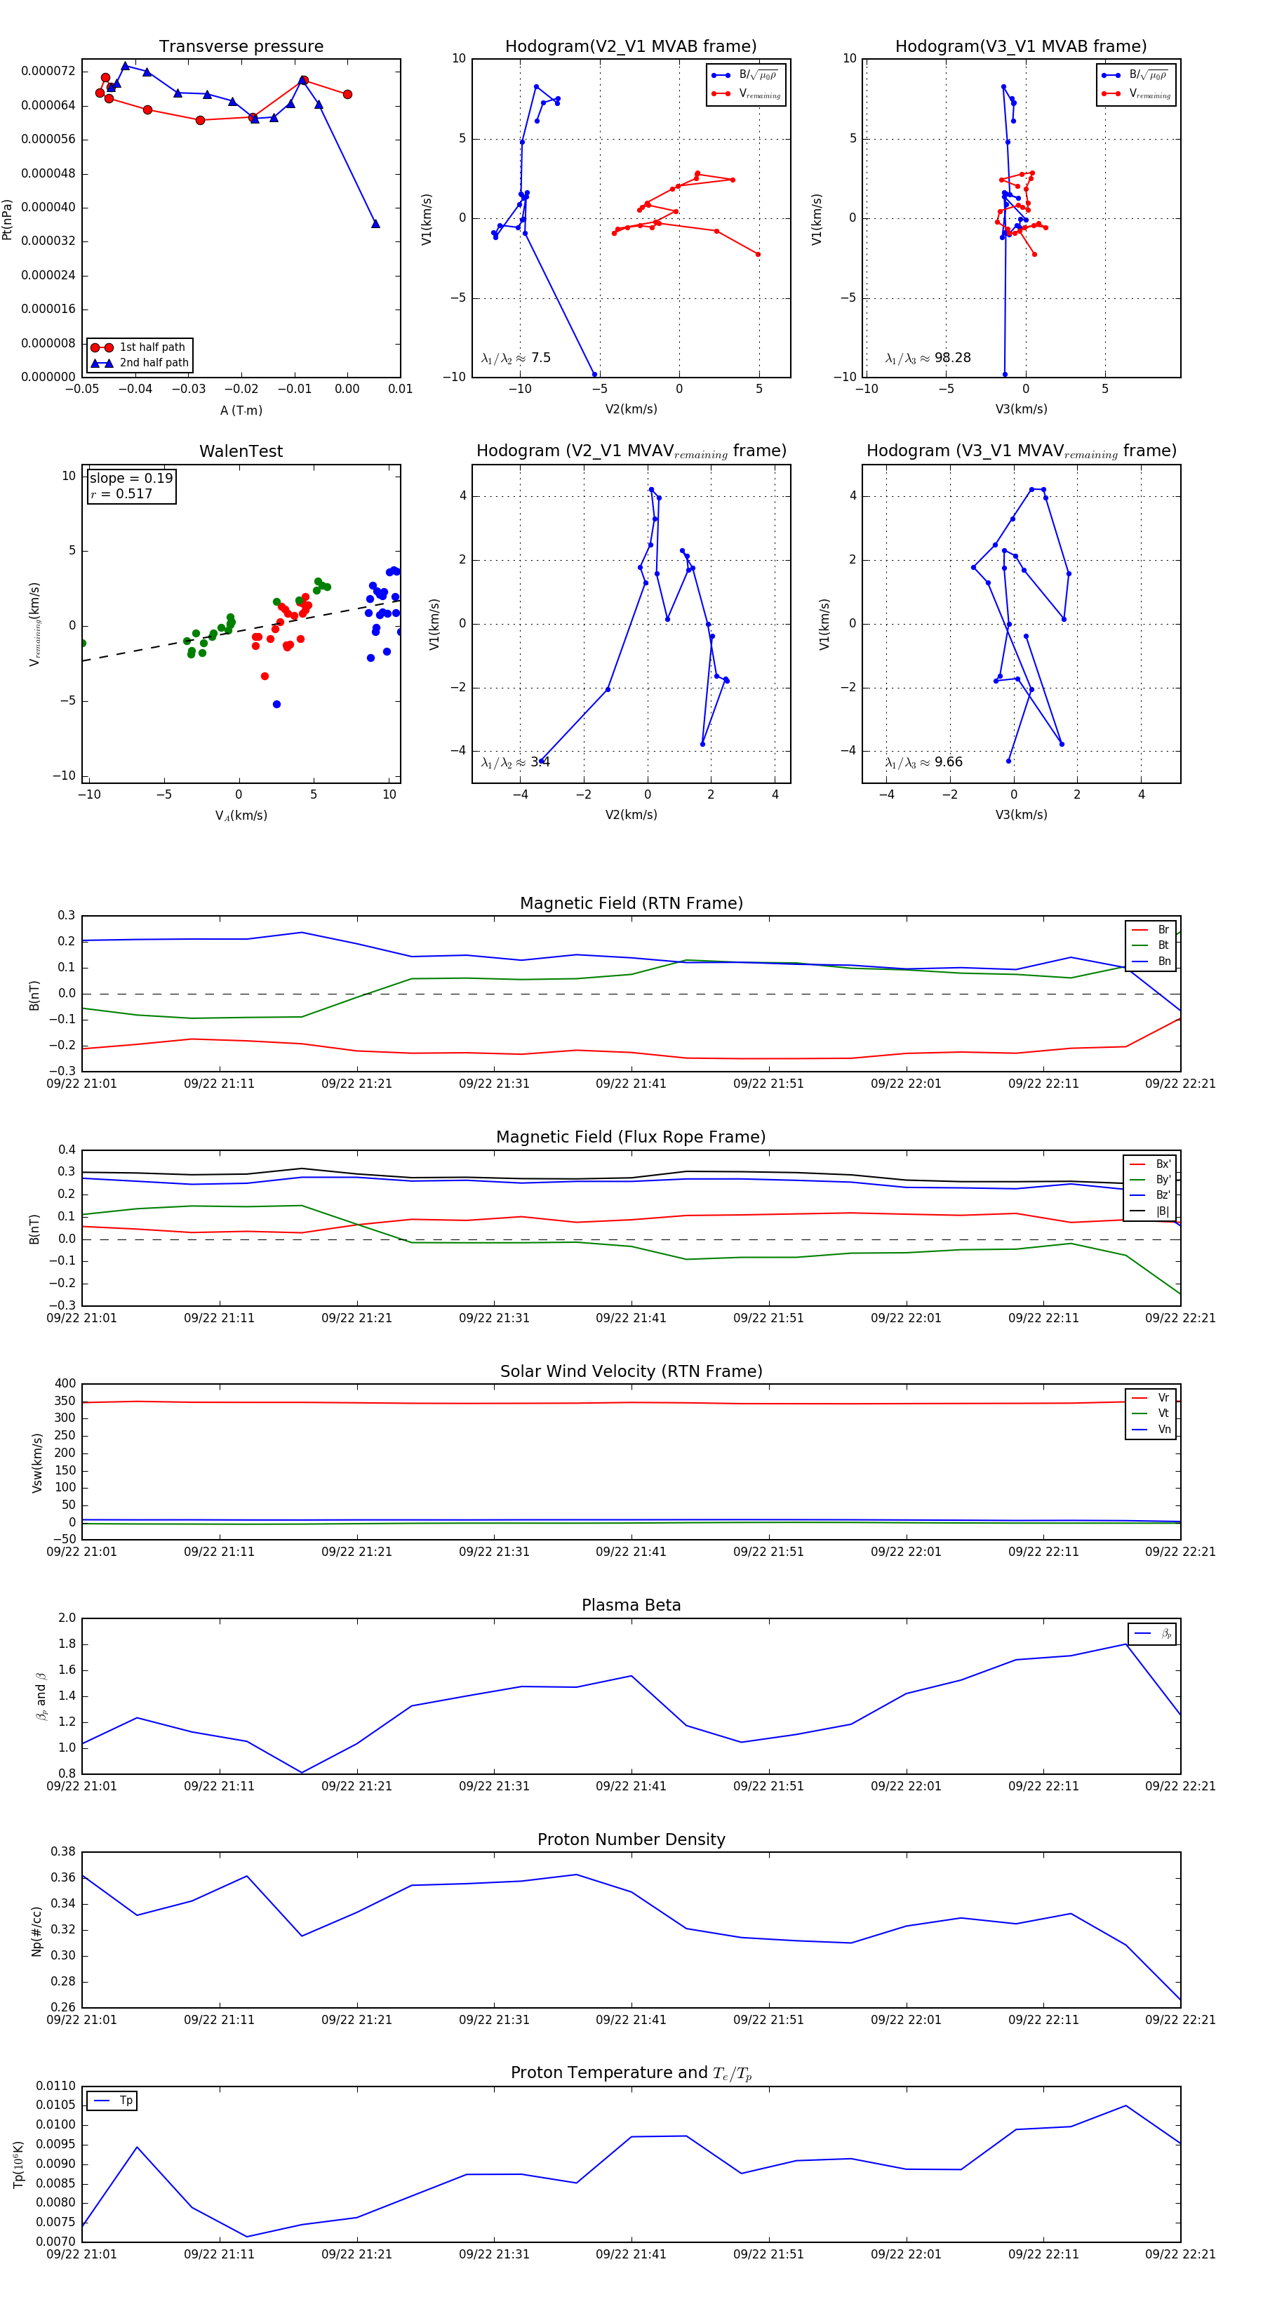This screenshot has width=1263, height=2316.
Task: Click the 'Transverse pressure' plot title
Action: point(241,47)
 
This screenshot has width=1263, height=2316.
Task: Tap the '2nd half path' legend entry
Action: point(154,364)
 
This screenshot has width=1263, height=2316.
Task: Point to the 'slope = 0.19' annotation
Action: point(131,479)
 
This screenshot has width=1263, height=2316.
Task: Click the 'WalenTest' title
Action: point(241,451)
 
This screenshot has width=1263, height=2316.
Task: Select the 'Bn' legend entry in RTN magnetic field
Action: point(1163,961)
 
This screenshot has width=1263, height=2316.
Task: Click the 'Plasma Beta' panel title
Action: point(631,1606)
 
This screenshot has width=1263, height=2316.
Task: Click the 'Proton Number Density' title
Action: point(631,1839)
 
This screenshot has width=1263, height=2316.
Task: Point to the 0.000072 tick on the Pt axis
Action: point(48,71)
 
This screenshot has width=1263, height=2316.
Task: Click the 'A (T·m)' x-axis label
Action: point(241,411)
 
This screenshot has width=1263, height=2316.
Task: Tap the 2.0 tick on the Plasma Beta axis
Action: point(67,1618)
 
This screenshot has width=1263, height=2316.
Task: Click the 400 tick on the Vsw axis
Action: point(65,1384)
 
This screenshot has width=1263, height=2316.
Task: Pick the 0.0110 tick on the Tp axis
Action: point(55,2086)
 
